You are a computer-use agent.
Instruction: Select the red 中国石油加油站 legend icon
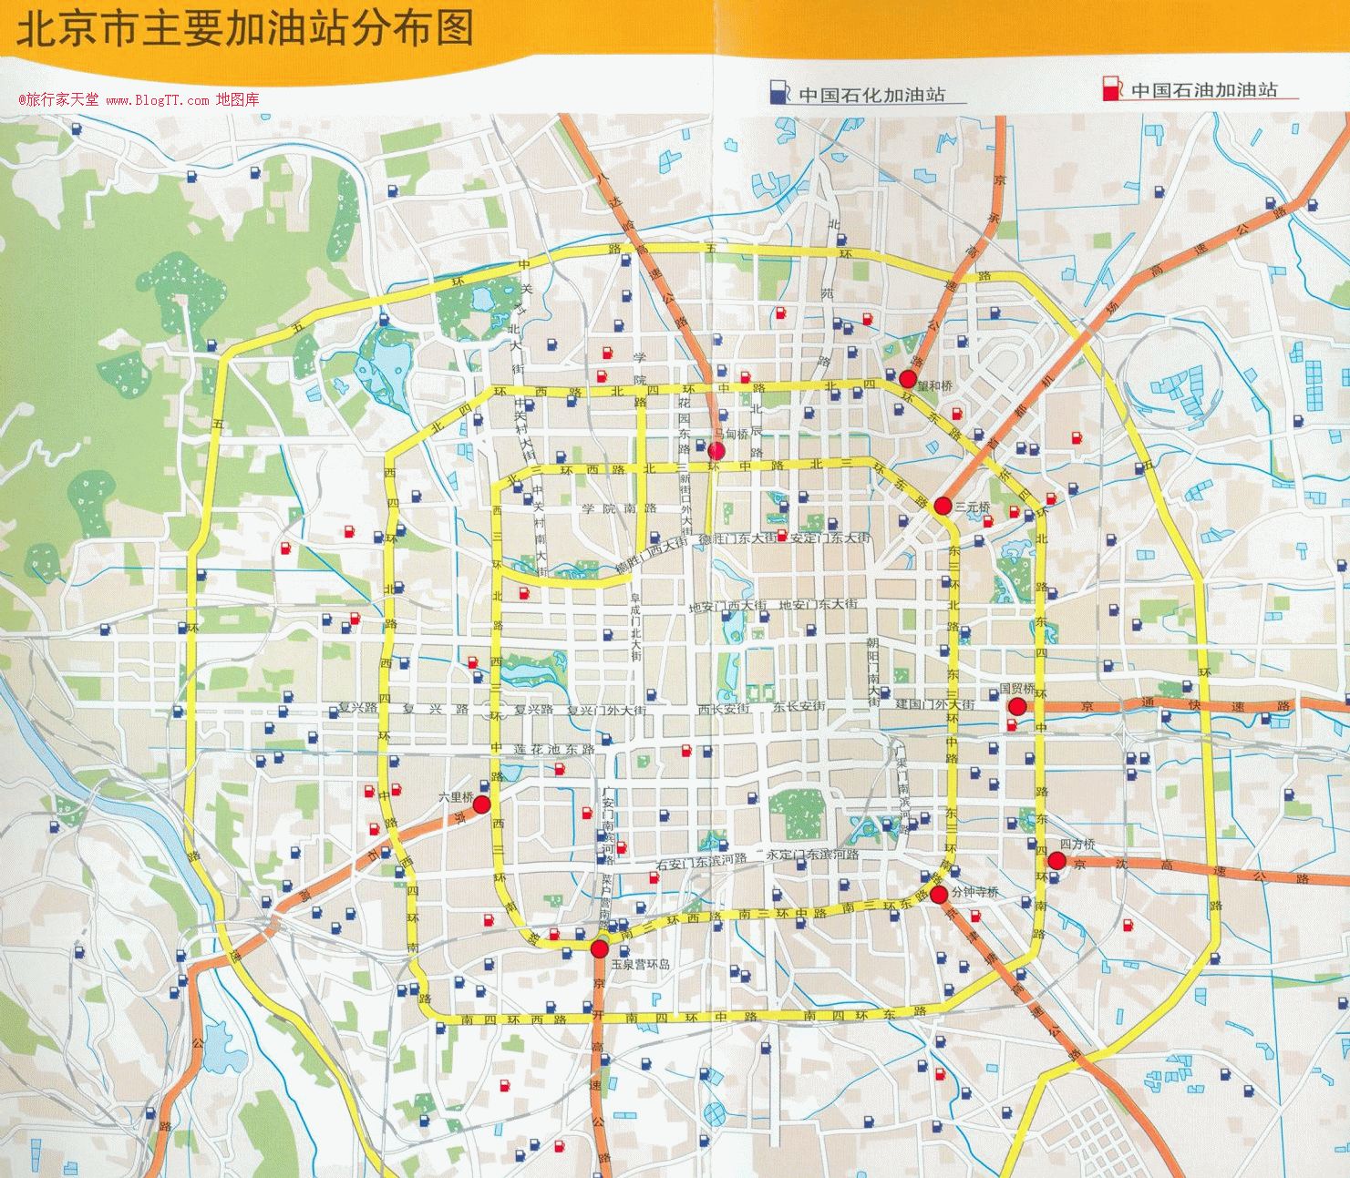[1111, 89]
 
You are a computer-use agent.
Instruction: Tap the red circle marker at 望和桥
[907, 378]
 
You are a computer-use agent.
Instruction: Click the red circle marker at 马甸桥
[716, 450]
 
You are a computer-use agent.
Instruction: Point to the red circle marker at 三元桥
[943, 505]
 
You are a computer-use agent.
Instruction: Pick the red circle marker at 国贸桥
[1017, 707]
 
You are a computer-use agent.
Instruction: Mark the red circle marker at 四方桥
[1056, 861]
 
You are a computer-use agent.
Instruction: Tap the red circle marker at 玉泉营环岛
[599, 949]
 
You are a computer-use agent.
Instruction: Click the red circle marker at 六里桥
[481, 804]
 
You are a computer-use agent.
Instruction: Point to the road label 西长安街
[723, 708]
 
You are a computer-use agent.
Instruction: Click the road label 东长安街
[799, 707]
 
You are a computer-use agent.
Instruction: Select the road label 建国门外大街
[934, 705]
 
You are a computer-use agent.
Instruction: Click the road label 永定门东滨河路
[812, 855]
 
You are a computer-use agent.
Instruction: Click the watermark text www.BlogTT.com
[158, 100]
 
